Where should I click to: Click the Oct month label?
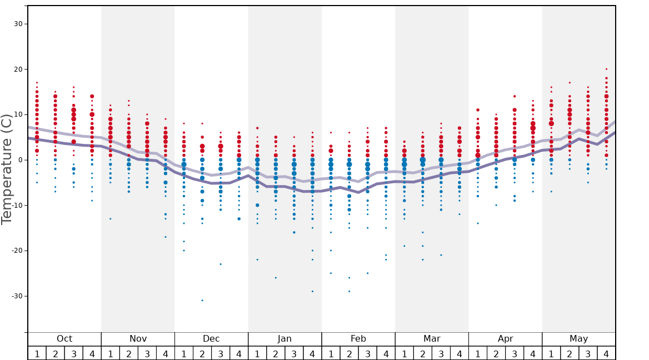64,339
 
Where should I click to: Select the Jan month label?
284,339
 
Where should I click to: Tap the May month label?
578,339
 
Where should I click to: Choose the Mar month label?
432,339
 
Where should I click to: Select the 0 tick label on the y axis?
20,160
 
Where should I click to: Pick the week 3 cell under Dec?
221,353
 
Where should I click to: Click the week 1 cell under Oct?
37,353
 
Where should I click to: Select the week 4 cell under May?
606,353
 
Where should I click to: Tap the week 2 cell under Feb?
349,353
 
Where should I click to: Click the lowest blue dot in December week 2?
202,301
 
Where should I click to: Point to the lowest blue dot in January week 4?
312,291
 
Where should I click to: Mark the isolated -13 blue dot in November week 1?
111,219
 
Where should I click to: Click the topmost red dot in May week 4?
606,69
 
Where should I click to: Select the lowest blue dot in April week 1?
478,223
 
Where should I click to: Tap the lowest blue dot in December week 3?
221,264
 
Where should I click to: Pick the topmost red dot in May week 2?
570,83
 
